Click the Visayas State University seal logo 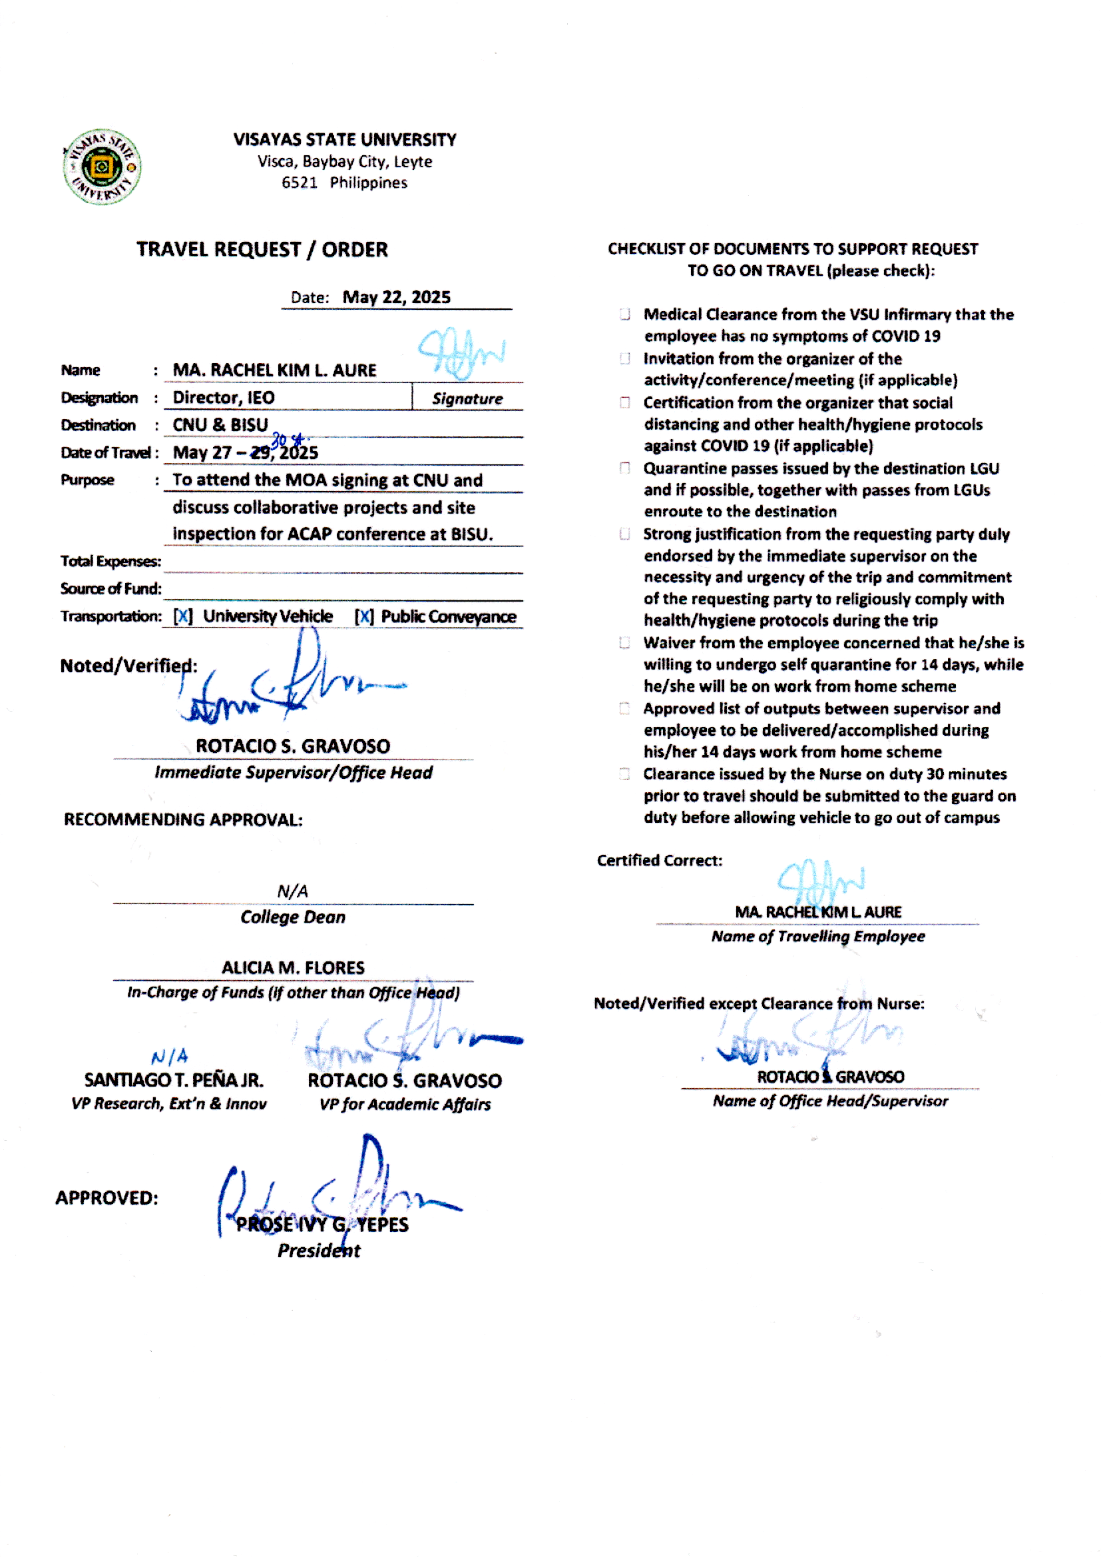(x=102, y=166)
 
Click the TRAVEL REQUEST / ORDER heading (x=262, y=250)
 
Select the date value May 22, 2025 (x=396, y=297)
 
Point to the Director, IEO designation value (x=223, y=398)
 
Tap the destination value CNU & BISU (x=220, y=424)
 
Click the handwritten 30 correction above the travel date (x=280, y=440)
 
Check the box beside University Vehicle (x=183, y=616)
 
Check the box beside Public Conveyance (x=364, y=616)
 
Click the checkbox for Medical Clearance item (x=624, y=314)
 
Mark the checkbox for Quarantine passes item (x=624, y=468)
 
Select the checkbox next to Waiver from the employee (x=624, y=642)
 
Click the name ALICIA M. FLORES (x=293, y=967)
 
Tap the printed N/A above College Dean (x=293, y=891)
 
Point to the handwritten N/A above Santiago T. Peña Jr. (x=170, y=1056)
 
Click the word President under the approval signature (x=319, y=1251)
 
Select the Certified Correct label (x=659, y=860)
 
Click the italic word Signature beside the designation (x=467, y=399)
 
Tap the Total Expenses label (x=110, y=561)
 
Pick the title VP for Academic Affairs (x=405, y=1105)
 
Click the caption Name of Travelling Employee (x=817, y=936)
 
